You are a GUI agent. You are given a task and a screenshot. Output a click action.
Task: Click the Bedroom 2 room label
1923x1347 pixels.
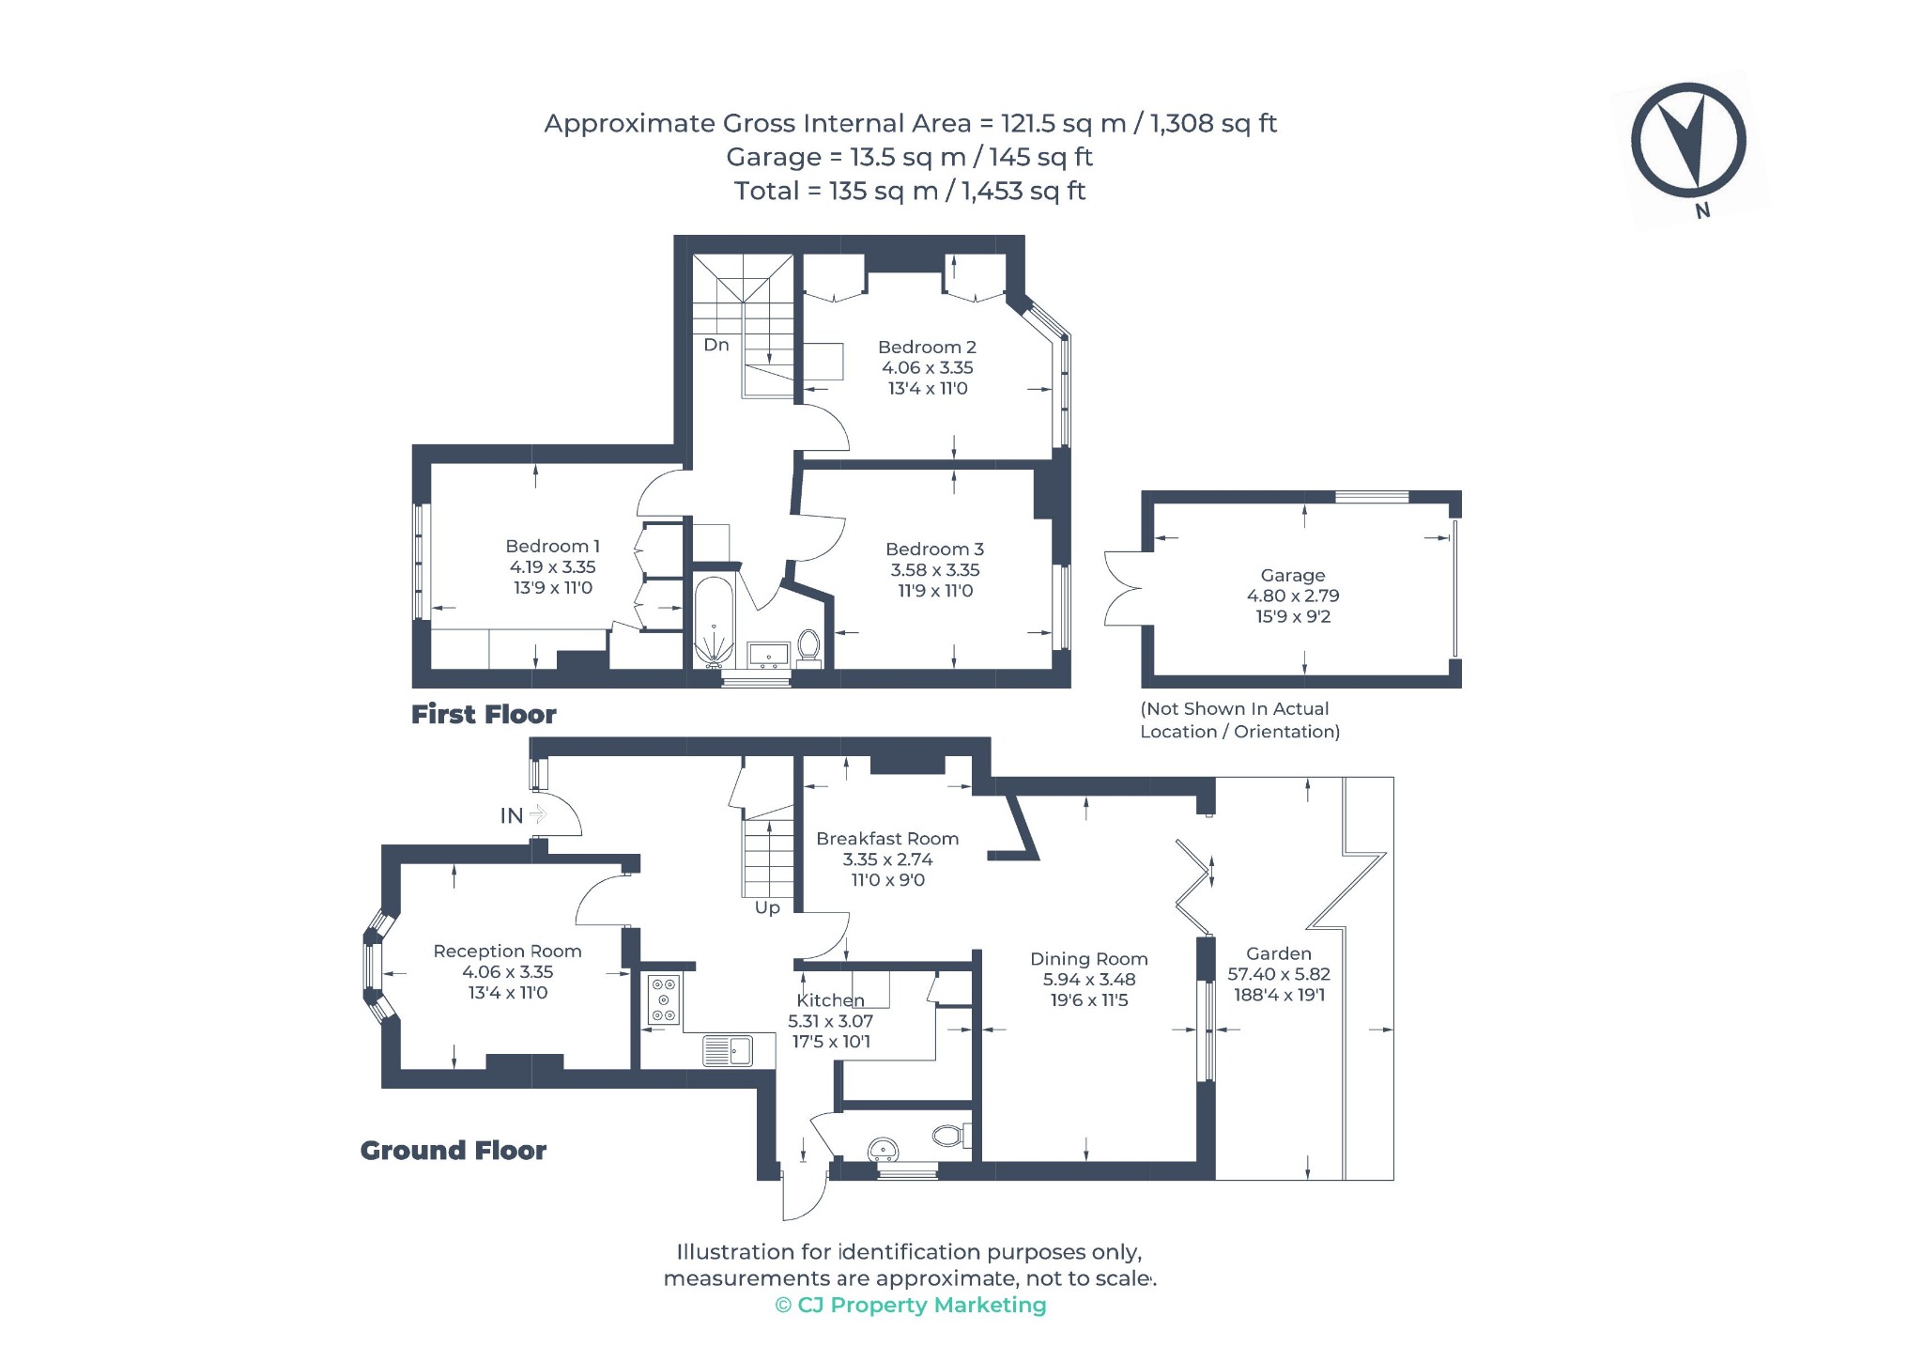pos(927,348)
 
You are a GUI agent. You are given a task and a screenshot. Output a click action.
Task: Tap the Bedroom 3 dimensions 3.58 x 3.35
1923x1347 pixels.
pos(935,570)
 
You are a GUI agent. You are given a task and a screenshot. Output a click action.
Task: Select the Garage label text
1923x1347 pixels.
pos(1293,576)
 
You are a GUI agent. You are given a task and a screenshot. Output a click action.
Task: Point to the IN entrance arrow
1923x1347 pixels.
pos(537,813)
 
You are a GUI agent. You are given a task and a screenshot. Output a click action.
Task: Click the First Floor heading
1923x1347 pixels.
pos(484,715)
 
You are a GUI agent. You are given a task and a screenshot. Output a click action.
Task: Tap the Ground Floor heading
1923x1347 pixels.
pos(454,1151)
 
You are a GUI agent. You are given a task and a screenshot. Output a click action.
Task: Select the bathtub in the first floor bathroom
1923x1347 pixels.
pos(715,621)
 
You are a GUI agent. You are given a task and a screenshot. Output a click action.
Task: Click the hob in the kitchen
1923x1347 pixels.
pos(664,999)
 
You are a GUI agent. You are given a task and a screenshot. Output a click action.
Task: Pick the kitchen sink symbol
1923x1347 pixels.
pos(729,1051)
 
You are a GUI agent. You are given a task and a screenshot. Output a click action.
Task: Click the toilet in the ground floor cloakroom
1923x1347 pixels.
pos(949,1136)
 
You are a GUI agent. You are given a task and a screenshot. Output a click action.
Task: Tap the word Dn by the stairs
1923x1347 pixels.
pos(716,345)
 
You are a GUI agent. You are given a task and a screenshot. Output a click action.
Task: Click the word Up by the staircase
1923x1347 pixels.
pos(767,908)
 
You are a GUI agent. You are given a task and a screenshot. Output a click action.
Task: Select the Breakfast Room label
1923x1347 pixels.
pos(887,839)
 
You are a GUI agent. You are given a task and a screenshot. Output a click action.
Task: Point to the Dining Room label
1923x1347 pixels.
pos(1089,959)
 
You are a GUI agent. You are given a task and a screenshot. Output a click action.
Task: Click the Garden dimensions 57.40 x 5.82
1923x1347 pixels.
pos(1279,975)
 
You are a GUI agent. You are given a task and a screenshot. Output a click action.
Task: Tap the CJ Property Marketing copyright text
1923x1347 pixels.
pos(911,1306)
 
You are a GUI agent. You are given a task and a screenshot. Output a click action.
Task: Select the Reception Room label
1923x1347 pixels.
pos(508,952)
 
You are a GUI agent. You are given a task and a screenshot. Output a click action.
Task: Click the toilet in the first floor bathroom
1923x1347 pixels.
pos(808,645)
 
